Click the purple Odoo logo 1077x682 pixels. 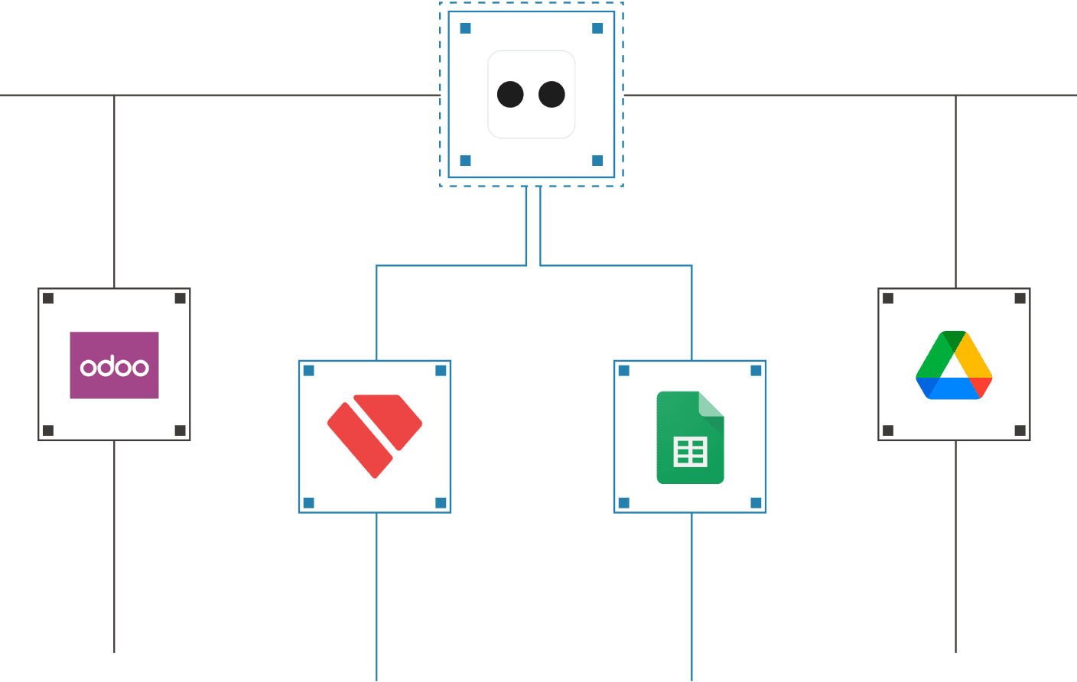coord(115,365)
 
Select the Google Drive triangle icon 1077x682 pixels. coord(954,365)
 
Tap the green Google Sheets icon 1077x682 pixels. coord(690,437)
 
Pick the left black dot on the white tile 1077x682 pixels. coord(510,95)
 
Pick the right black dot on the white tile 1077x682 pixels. coord(552,95)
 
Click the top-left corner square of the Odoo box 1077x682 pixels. coord(48,298)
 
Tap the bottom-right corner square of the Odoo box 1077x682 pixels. coord(181,430)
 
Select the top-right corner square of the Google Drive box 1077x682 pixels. coord(1020,298)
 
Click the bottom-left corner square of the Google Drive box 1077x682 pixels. coord(888,430)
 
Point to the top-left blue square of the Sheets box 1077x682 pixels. coord(624,371)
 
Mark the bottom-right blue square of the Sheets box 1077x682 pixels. coord(756,502)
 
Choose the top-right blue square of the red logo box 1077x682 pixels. coord(441,371)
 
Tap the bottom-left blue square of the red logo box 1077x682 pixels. coord(309,502)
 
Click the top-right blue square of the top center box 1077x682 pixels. coord(597,28)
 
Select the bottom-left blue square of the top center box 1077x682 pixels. coord(465,161)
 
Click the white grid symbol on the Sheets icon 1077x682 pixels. coord(690,452)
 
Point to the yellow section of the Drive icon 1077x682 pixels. coord(975,355)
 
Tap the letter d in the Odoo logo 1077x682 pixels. coord(106,366)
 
